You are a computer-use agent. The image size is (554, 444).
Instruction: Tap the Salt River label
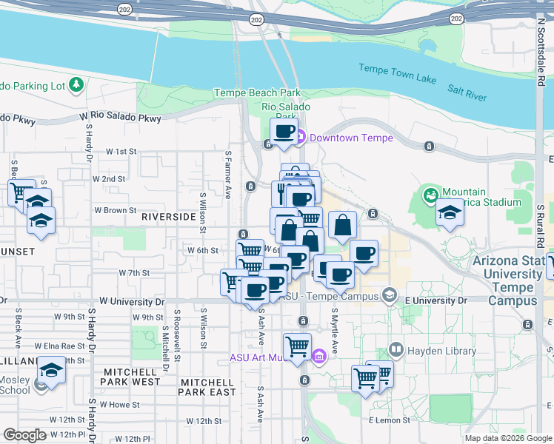tap(467, 92)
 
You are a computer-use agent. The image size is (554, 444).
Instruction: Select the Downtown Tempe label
tap(350, 138)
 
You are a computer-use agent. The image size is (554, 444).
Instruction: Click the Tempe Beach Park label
tap(257, 92)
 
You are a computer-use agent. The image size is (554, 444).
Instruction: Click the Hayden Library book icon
tap(396, 349)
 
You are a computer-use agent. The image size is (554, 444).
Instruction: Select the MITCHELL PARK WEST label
tap(132, 377)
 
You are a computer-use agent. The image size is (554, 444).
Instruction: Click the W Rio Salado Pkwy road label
tap(125, 118)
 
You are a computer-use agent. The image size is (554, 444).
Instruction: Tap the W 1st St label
tap(121, 151)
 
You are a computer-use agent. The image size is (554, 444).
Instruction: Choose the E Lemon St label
tap(390, 420)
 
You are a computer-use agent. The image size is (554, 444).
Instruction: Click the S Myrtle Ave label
tap(335, 329)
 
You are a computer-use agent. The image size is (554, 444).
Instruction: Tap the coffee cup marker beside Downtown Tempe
tap(283, 132)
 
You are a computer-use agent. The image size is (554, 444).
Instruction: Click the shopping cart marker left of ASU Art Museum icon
tap(297, 346)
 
